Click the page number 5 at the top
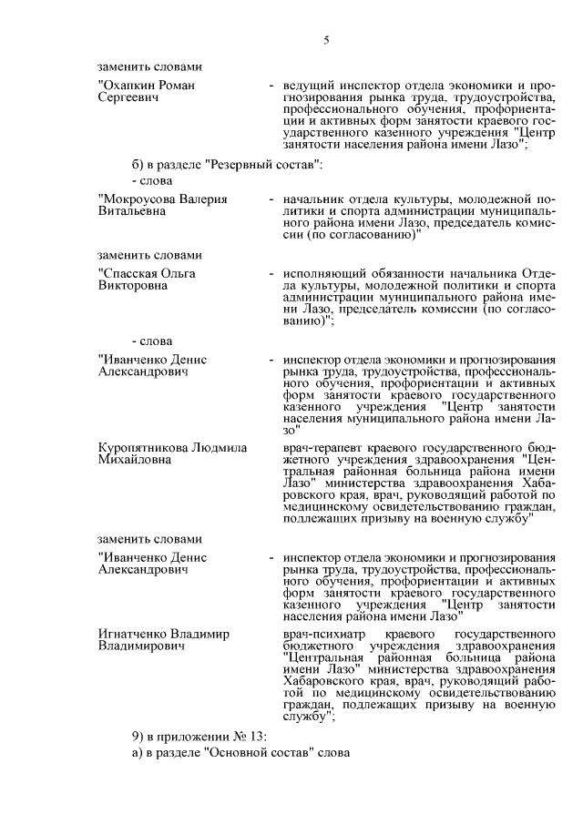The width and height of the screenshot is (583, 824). tap(325, 39)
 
